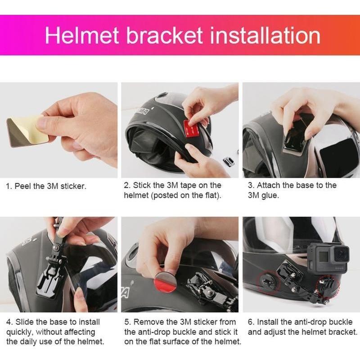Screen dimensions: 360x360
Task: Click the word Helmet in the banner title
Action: pyautogui.click(x=82, y=36)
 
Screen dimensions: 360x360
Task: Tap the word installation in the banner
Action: pyautogui.click(x=265, y=36)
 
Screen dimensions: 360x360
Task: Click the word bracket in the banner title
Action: pyautogui.click(x=164, y=36)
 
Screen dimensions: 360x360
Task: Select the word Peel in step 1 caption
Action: pyautogui.click(x=22, y=186)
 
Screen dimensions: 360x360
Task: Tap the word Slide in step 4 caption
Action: pyautogui.click(x=25, y=322)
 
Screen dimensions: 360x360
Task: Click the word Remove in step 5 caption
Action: pyautogui.click(x=148, y=322)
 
